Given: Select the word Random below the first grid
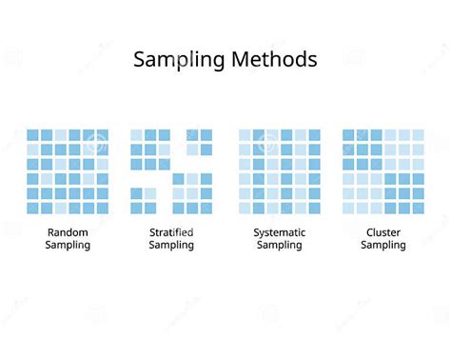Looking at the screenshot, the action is pos(68,231).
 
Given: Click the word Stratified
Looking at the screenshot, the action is pos(171,231).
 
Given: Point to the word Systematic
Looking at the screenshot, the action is pos(280,231).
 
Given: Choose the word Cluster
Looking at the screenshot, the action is pos(383,231).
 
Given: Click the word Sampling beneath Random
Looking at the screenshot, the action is pos(68,245).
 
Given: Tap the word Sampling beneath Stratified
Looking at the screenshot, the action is pos(171,245).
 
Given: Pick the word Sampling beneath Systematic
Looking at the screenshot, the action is pos(280,245).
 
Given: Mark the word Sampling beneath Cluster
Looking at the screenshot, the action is pos(383,245).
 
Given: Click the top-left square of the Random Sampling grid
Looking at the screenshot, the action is pos(32,135).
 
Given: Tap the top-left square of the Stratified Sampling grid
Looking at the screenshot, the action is pos(136,135).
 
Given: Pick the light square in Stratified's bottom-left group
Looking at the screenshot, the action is pos(150,193).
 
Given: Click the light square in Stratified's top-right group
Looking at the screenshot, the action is pos(192,149).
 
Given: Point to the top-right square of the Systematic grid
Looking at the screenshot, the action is pos(314,135).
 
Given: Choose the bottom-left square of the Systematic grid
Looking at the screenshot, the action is pos(245,207).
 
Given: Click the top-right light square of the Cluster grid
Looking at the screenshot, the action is pos(418,135).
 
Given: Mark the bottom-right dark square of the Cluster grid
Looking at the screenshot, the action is pos(418,207).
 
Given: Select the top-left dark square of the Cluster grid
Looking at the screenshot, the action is pos(349,135).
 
